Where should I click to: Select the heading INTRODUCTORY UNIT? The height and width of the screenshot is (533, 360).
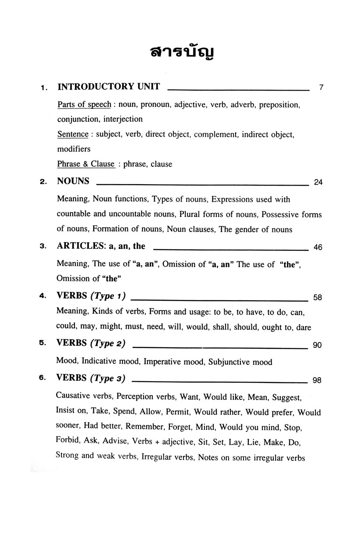pyautogui.click(x=109, y=86)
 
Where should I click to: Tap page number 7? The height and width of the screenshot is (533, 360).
pyautogui.click(x=321, y=87)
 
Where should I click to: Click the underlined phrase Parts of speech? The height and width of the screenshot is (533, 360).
pyautogui.click(x=84, y=105)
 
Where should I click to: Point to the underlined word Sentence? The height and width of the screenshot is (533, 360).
pyautogui.click(x=73, y=135)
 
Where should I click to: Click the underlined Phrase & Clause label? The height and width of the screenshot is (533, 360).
pyautogui.click(x=86, y=165)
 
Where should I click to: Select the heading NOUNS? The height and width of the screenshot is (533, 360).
pyautogui.click(x=73, y=181)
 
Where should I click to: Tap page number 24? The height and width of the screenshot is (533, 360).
pyautogui.click(x=318, y=182)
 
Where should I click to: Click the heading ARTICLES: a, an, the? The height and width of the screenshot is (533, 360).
pyautogui.click(x=101, y=246)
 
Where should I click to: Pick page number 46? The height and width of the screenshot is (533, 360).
pyautogui.click(x=318, y=248)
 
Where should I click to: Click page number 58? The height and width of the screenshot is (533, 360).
pyautogui.click(x=318, y=298)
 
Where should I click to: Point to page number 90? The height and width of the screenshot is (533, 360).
pyautogui.click(x=318, y=345)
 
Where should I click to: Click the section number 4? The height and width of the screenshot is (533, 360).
pyautogui.click(x=42, y=296)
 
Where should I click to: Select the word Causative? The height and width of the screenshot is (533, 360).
pyautogui.click(x=73, y=397)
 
